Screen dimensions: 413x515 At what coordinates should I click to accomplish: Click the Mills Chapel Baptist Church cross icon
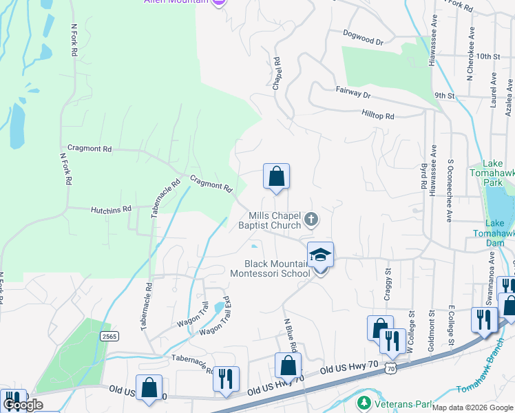311,220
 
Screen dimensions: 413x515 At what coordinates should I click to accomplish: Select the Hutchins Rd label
110,209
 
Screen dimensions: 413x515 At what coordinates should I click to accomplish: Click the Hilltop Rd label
377,116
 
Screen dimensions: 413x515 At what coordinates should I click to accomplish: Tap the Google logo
23,405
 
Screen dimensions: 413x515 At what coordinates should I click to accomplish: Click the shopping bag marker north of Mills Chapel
276,176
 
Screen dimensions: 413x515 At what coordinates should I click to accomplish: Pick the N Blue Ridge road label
291,338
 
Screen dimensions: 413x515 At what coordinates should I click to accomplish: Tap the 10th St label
486,56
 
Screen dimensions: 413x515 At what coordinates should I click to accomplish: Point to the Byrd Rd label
423,178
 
